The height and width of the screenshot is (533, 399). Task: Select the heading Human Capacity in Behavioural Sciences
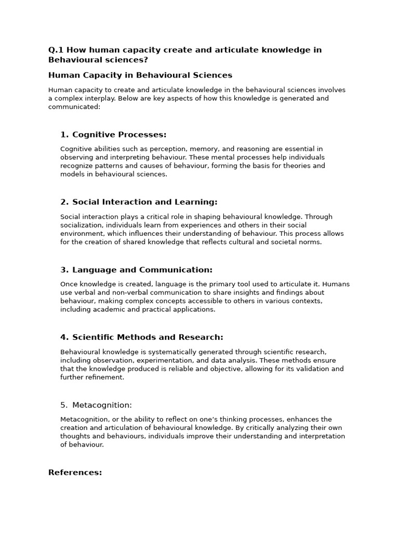click(x=140, y=75)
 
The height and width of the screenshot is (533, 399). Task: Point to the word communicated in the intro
click(x=73, y=107)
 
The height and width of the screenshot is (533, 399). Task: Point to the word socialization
click(x=81, y=225)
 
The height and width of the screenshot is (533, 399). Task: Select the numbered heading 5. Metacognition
click(x=96, y=405)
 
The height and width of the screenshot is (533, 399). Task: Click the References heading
click(x=75, y=473)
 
